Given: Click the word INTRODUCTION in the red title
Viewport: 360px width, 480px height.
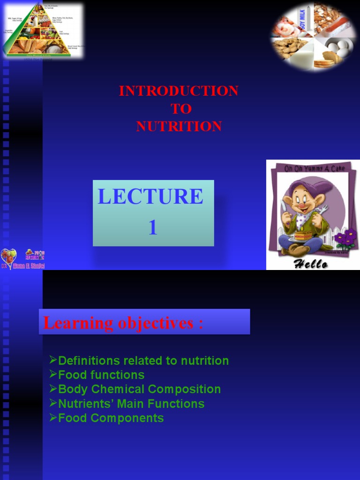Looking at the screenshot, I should coord(179,91).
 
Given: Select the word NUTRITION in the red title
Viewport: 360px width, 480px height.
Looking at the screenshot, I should coord(179,127).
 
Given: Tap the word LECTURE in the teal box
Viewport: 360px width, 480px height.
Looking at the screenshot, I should coord(150,196).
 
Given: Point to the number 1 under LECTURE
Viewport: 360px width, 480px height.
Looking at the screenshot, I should coord(153,227).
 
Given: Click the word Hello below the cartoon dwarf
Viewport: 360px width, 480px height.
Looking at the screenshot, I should coord(311,264).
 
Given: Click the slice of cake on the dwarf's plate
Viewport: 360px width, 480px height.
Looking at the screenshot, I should coord(303,235).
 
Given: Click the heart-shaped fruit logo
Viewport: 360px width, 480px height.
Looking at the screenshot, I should coord(8,257).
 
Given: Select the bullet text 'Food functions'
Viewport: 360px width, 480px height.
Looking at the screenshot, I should coord(101,375).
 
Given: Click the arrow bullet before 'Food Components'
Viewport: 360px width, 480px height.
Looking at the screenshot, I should coord(53,417).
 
